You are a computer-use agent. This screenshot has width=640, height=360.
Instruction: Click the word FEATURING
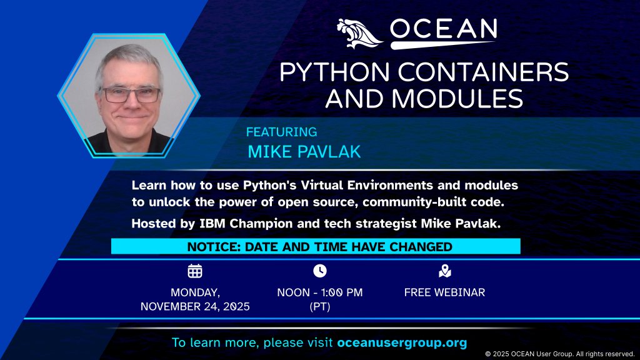coord(281,132)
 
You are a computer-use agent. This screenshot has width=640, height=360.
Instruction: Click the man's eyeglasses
coord(131,95)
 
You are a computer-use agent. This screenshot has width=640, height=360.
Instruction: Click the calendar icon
coord(195,271)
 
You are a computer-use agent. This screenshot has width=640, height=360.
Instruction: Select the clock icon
coord(319,271)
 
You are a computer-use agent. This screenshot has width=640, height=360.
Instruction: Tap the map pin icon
coord(444,271)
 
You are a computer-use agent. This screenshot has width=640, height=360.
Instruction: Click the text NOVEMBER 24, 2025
coord(195,306)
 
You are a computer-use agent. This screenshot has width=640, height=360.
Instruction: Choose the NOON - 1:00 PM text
coord(319,292)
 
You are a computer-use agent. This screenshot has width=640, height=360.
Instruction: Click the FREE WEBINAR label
coord(444,292)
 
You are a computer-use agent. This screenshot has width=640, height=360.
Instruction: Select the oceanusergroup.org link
coord(402,343)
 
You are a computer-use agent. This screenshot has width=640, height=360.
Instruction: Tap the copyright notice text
coord(560,354)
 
